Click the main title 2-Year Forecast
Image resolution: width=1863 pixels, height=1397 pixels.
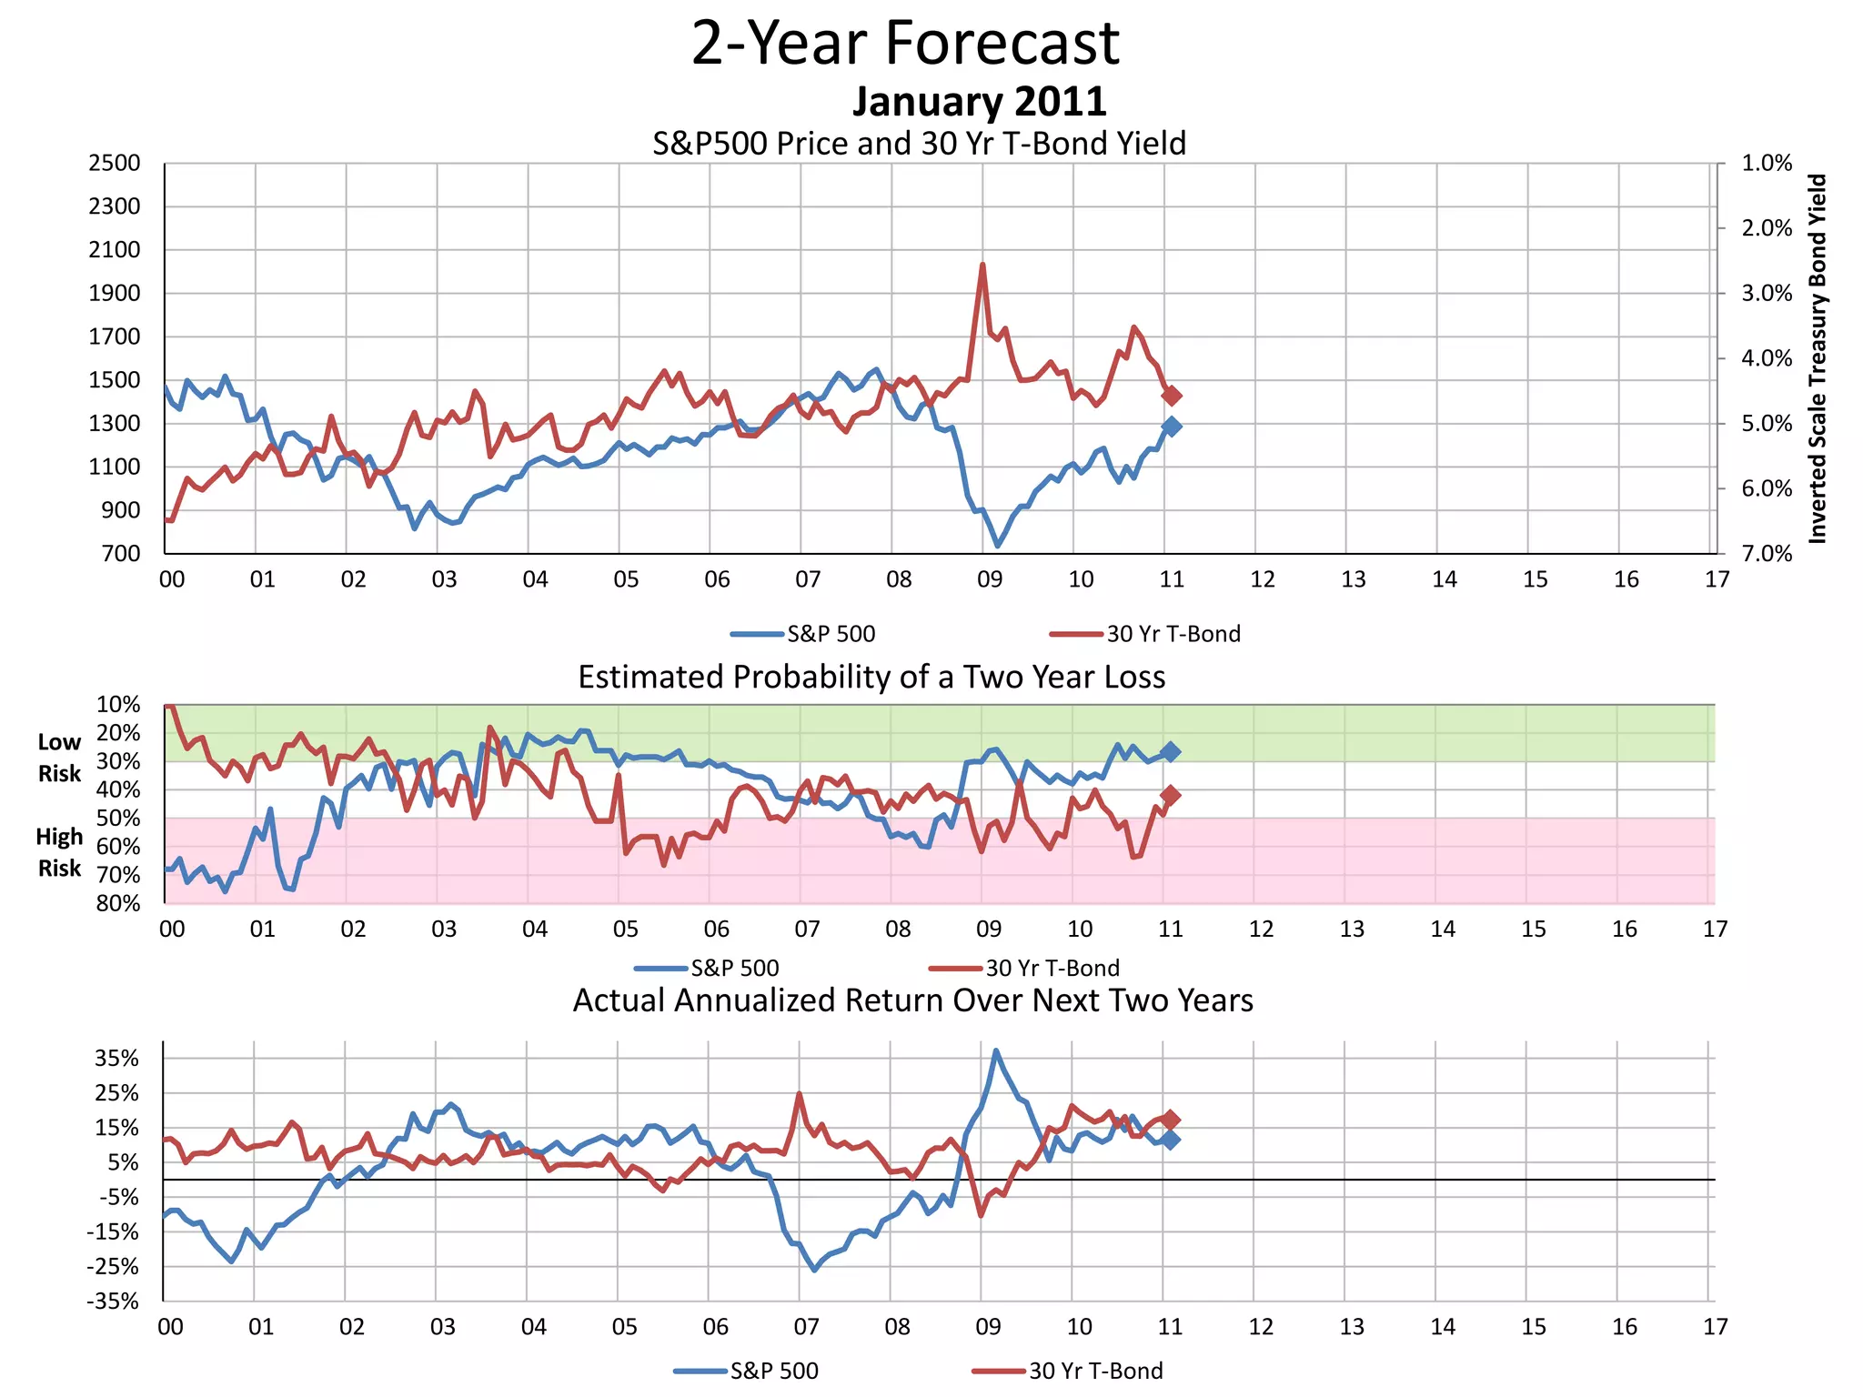click(905, 44)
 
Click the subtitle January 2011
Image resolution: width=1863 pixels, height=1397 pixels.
click(979, 101)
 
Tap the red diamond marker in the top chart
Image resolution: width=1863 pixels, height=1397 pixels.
click(1172, 396)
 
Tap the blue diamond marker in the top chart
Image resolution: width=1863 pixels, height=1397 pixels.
click(1172, 427)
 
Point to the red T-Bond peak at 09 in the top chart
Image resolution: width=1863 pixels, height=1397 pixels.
click(982, 266)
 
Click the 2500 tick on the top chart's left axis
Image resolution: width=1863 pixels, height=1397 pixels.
click(115, 164)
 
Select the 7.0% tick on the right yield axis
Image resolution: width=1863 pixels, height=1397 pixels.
click(1767, 554)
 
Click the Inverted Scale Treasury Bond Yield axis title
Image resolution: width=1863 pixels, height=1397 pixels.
click(1817, 359)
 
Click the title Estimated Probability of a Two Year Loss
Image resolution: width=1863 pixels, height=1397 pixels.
click(871, 678)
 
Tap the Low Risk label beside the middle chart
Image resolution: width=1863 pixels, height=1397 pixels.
click(59, 758)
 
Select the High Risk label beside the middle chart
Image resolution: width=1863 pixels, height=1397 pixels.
click(59, 852)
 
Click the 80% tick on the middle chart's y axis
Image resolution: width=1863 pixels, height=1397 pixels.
click(118, 903)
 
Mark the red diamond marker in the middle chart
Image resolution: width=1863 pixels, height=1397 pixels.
click(1171, 796)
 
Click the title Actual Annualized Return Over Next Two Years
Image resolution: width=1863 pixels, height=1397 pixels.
click(912, 1000)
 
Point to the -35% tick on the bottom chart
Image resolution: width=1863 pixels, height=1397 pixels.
click(113, 1301)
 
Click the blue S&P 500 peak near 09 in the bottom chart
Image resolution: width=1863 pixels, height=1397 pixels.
click(996, 1051)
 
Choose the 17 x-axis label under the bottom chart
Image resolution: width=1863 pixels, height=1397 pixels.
click(1715, 1327)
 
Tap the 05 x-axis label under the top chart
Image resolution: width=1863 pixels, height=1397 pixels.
click(626, 579)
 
